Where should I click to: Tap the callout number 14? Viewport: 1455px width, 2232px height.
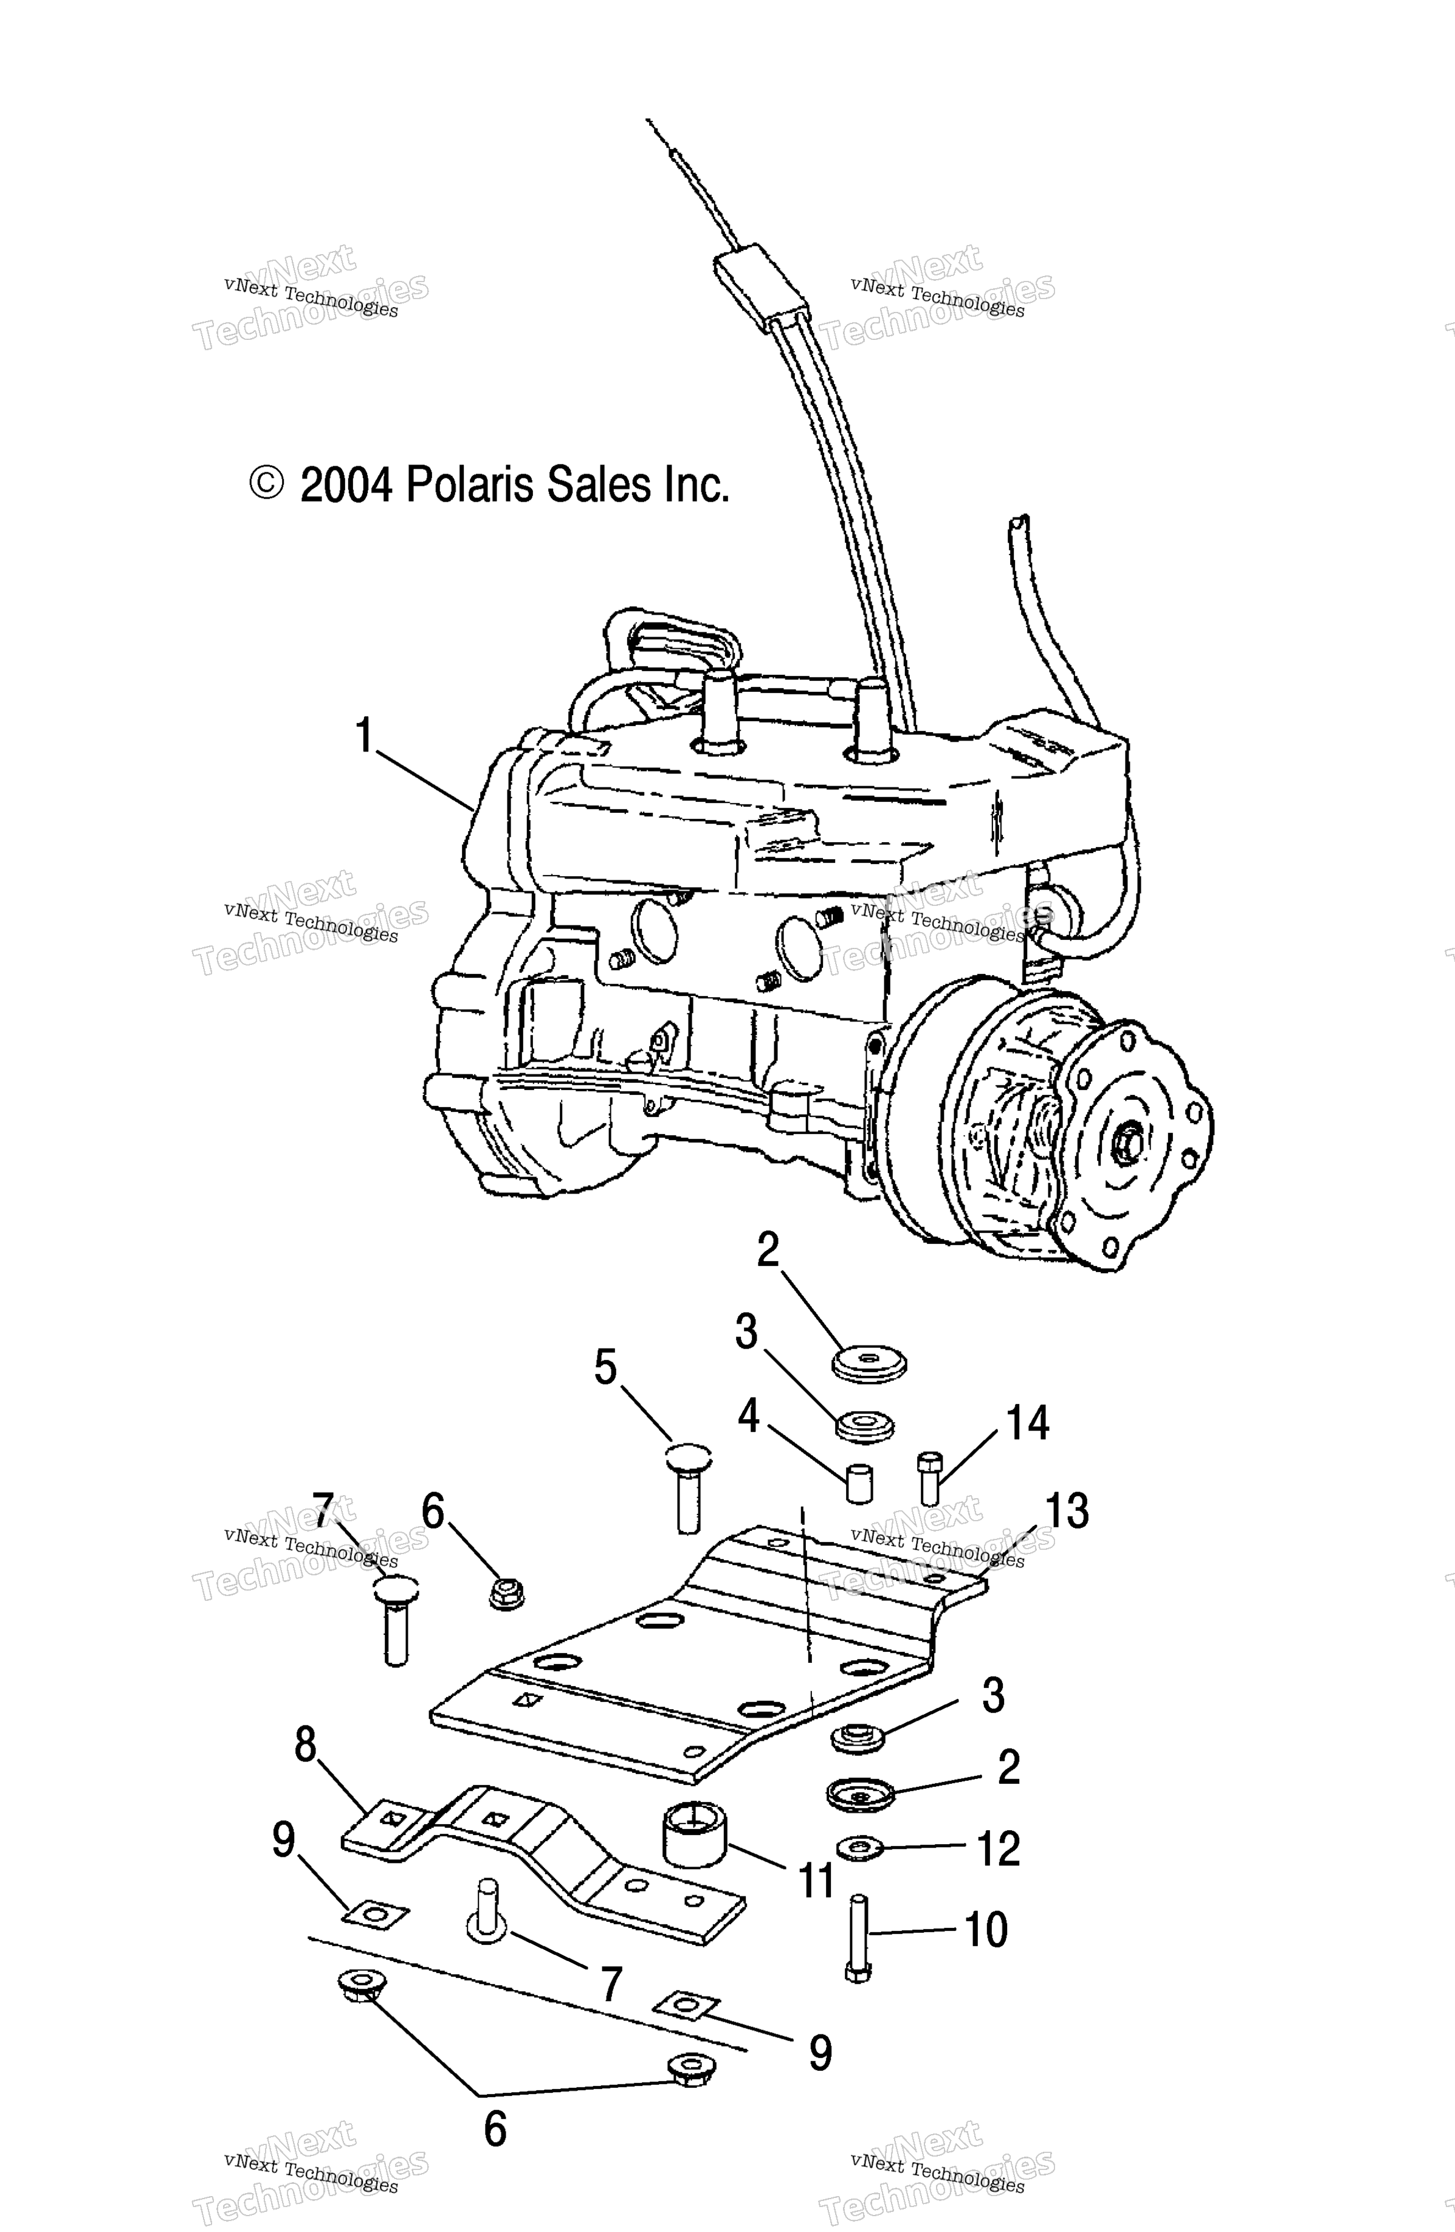tap(1028, 1423)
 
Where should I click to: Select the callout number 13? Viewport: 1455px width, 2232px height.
tap(1067, 1511)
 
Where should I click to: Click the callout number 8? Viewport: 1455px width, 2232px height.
tap(306, 1745)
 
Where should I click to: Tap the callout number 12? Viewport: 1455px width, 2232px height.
tap(997, 1848)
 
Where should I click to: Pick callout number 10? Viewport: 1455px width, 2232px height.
tap(985, 1930)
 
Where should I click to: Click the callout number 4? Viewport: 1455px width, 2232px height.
tap(748, 1416)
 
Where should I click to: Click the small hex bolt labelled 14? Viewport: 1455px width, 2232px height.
tap(928, 1479)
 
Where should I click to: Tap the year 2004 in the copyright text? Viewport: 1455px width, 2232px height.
tap(345, 486)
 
